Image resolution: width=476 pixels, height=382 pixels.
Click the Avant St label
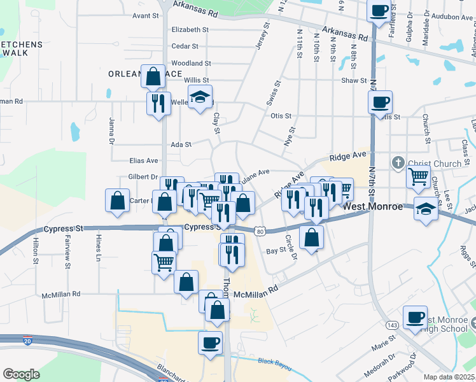click(146, 15)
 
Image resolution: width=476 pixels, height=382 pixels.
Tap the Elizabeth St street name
click(190, 29)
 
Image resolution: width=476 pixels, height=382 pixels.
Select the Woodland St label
click(191, 63)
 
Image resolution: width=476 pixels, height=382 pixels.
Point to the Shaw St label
click(354, 81)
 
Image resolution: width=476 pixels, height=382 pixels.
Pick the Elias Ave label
click(143, 160)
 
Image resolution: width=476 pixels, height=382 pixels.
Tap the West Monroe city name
click(373, 207)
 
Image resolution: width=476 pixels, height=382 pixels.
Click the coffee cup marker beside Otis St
click(380, 102)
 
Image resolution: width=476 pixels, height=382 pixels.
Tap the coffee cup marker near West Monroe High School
click(416, 317)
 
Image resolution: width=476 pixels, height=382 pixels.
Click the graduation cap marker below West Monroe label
click(425, 209)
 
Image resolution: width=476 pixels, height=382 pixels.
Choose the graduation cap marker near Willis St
click(200, 98)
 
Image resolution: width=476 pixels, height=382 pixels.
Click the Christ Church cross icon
click(398, 163)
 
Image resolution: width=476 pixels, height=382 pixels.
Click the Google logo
click(21, 374)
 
